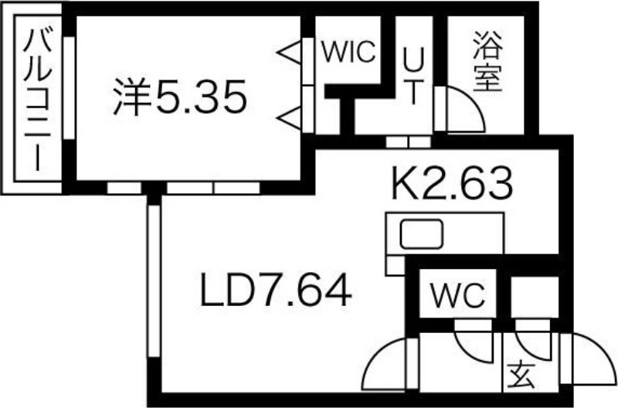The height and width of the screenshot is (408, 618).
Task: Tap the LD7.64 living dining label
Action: pos(276,293)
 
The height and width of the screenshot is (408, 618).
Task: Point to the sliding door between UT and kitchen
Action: pos(407,141)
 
